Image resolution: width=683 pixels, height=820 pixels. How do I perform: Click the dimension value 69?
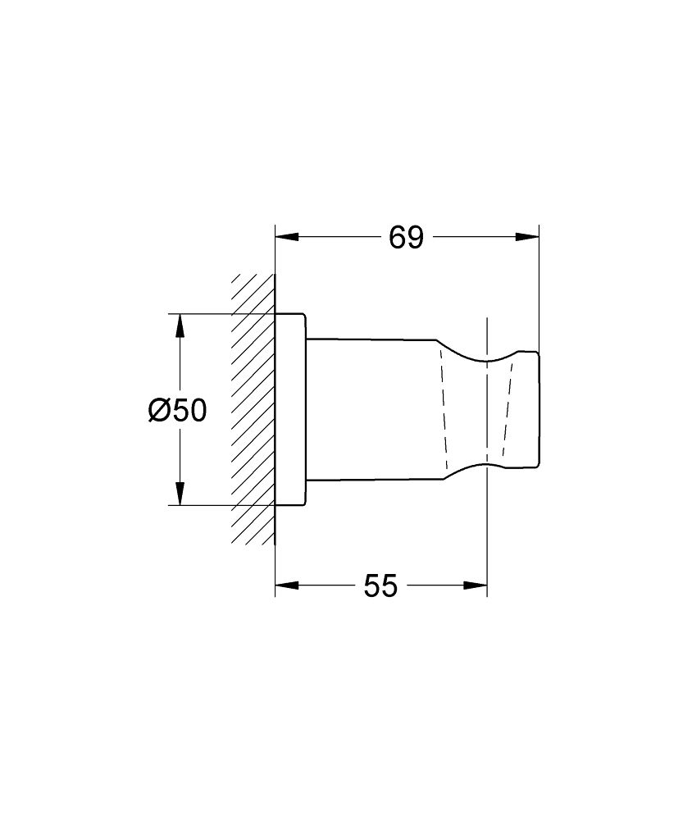coord(406,238)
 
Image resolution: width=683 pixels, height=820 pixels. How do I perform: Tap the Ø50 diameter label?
coord(177,409)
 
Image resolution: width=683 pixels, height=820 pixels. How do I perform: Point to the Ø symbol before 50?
coord(159,409)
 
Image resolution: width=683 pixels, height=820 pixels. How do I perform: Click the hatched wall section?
coord(253,410)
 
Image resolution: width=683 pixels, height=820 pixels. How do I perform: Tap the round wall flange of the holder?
coord(290,409)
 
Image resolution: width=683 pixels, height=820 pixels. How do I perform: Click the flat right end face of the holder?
coord(538,410)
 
